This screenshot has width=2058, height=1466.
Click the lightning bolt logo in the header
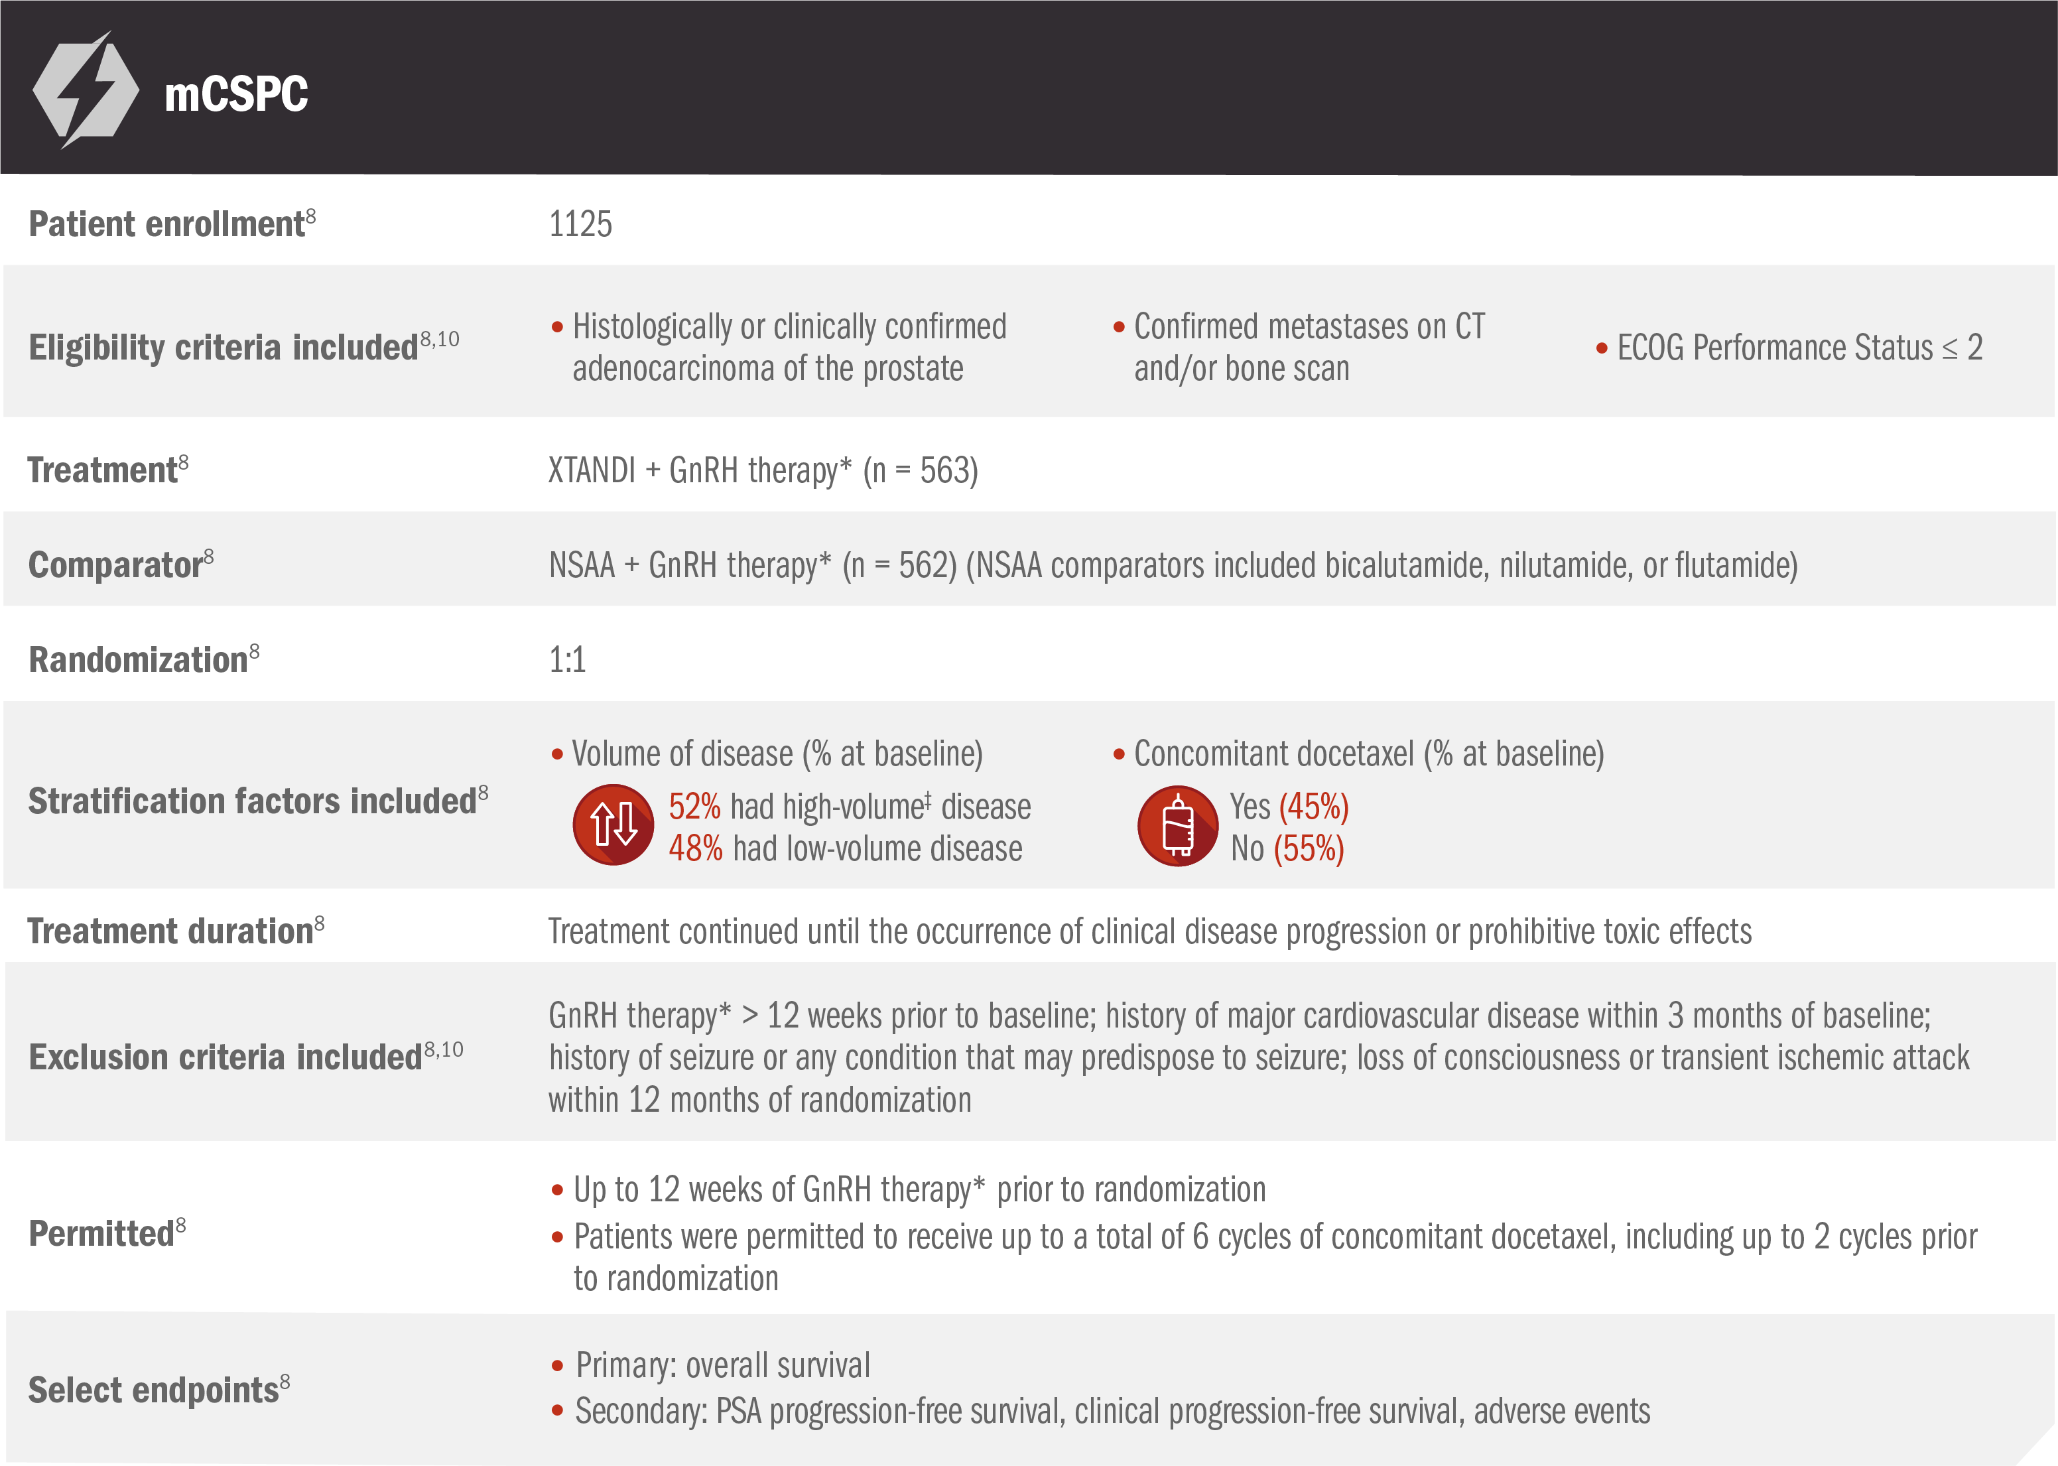[x=86, y=90]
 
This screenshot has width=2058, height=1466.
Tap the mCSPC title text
[x=235, y=94]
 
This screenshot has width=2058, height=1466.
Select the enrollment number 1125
[x=580, y=224]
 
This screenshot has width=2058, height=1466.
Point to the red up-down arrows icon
[x=613, y=824]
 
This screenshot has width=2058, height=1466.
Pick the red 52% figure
[x=694, y=806]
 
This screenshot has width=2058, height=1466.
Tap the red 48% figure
[x=695, y=848]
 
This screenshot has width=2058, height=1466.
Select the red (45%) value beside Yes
[x=1313, y=806]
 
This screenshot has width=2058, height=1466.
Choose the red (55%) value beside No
[x=1309, y=848]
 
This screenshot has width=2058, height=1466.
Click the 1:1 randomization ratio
[x=567, y=660]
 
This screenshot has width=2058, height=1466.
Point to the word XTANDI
[x=591, y=470]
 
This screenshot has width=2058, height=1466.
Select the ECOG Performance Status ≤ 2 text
[x=1799, y=348]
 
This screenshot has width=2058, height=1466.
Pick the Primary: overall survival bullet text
[x=722, y=1365]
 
